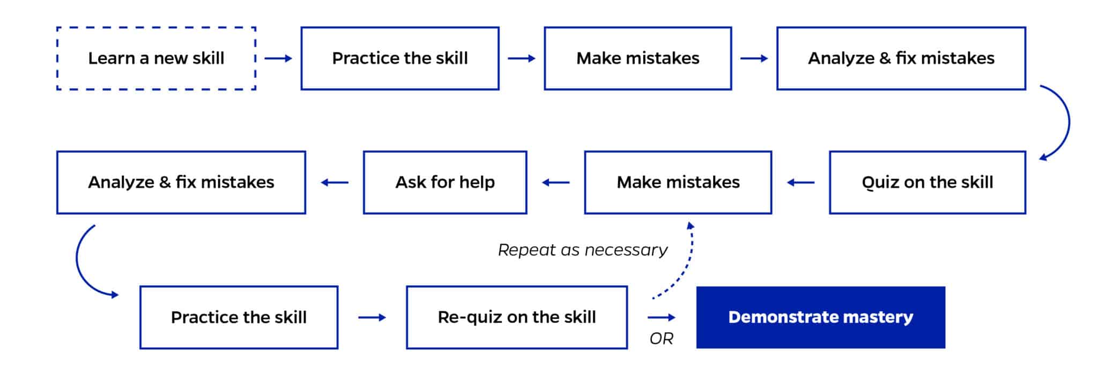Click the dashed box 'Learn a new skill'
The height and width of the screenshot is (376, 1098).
click(x=156, y=58)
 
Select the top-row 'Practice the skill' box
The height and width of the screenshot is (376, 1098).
click(x=400, y=58)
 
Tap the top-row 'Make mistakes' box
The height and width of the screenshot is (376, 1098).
click(x=637, y=58)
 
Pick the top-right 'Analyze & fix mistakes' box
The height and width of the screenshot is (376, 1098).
click(x=901, y=58)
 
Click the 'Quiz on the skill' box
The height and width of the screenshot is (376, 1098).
click(x=927, y=183)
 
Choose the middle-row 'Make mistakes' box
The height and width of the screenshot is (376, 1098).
click(x=678, y=183)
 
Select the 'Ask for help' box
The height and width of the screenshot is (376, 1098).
click(x=445, y=183)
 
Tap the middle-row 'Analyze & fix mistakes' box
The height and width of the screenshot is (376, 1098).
click(x=181, y=183)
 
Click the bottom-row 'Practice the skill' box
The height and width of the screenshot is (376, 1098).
click(x=239, y=318)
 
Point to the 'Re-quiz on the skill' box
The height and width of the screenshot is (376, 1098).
click(x=517, y=318)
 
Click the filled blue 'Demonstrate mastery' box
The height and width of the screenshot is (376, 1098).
click(x=820, y=318)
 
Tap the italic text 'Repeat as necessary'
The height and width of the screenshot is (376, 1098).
click(x=583, y=250)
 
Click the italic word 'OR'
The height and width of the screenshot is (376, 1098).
click(x=661, y=339)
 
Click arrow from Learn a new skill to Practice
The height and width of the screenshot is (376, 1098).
click(x=278, y=58)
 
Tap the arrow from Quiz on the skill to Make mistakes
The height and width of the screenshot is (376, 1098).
click(x=800, y=183)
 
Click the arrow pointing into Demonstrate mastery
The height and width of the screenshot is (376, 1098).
click(x=662, y=318)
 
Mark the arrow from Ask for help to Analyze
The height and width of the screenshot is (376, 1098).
click(x=335, y=183)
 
